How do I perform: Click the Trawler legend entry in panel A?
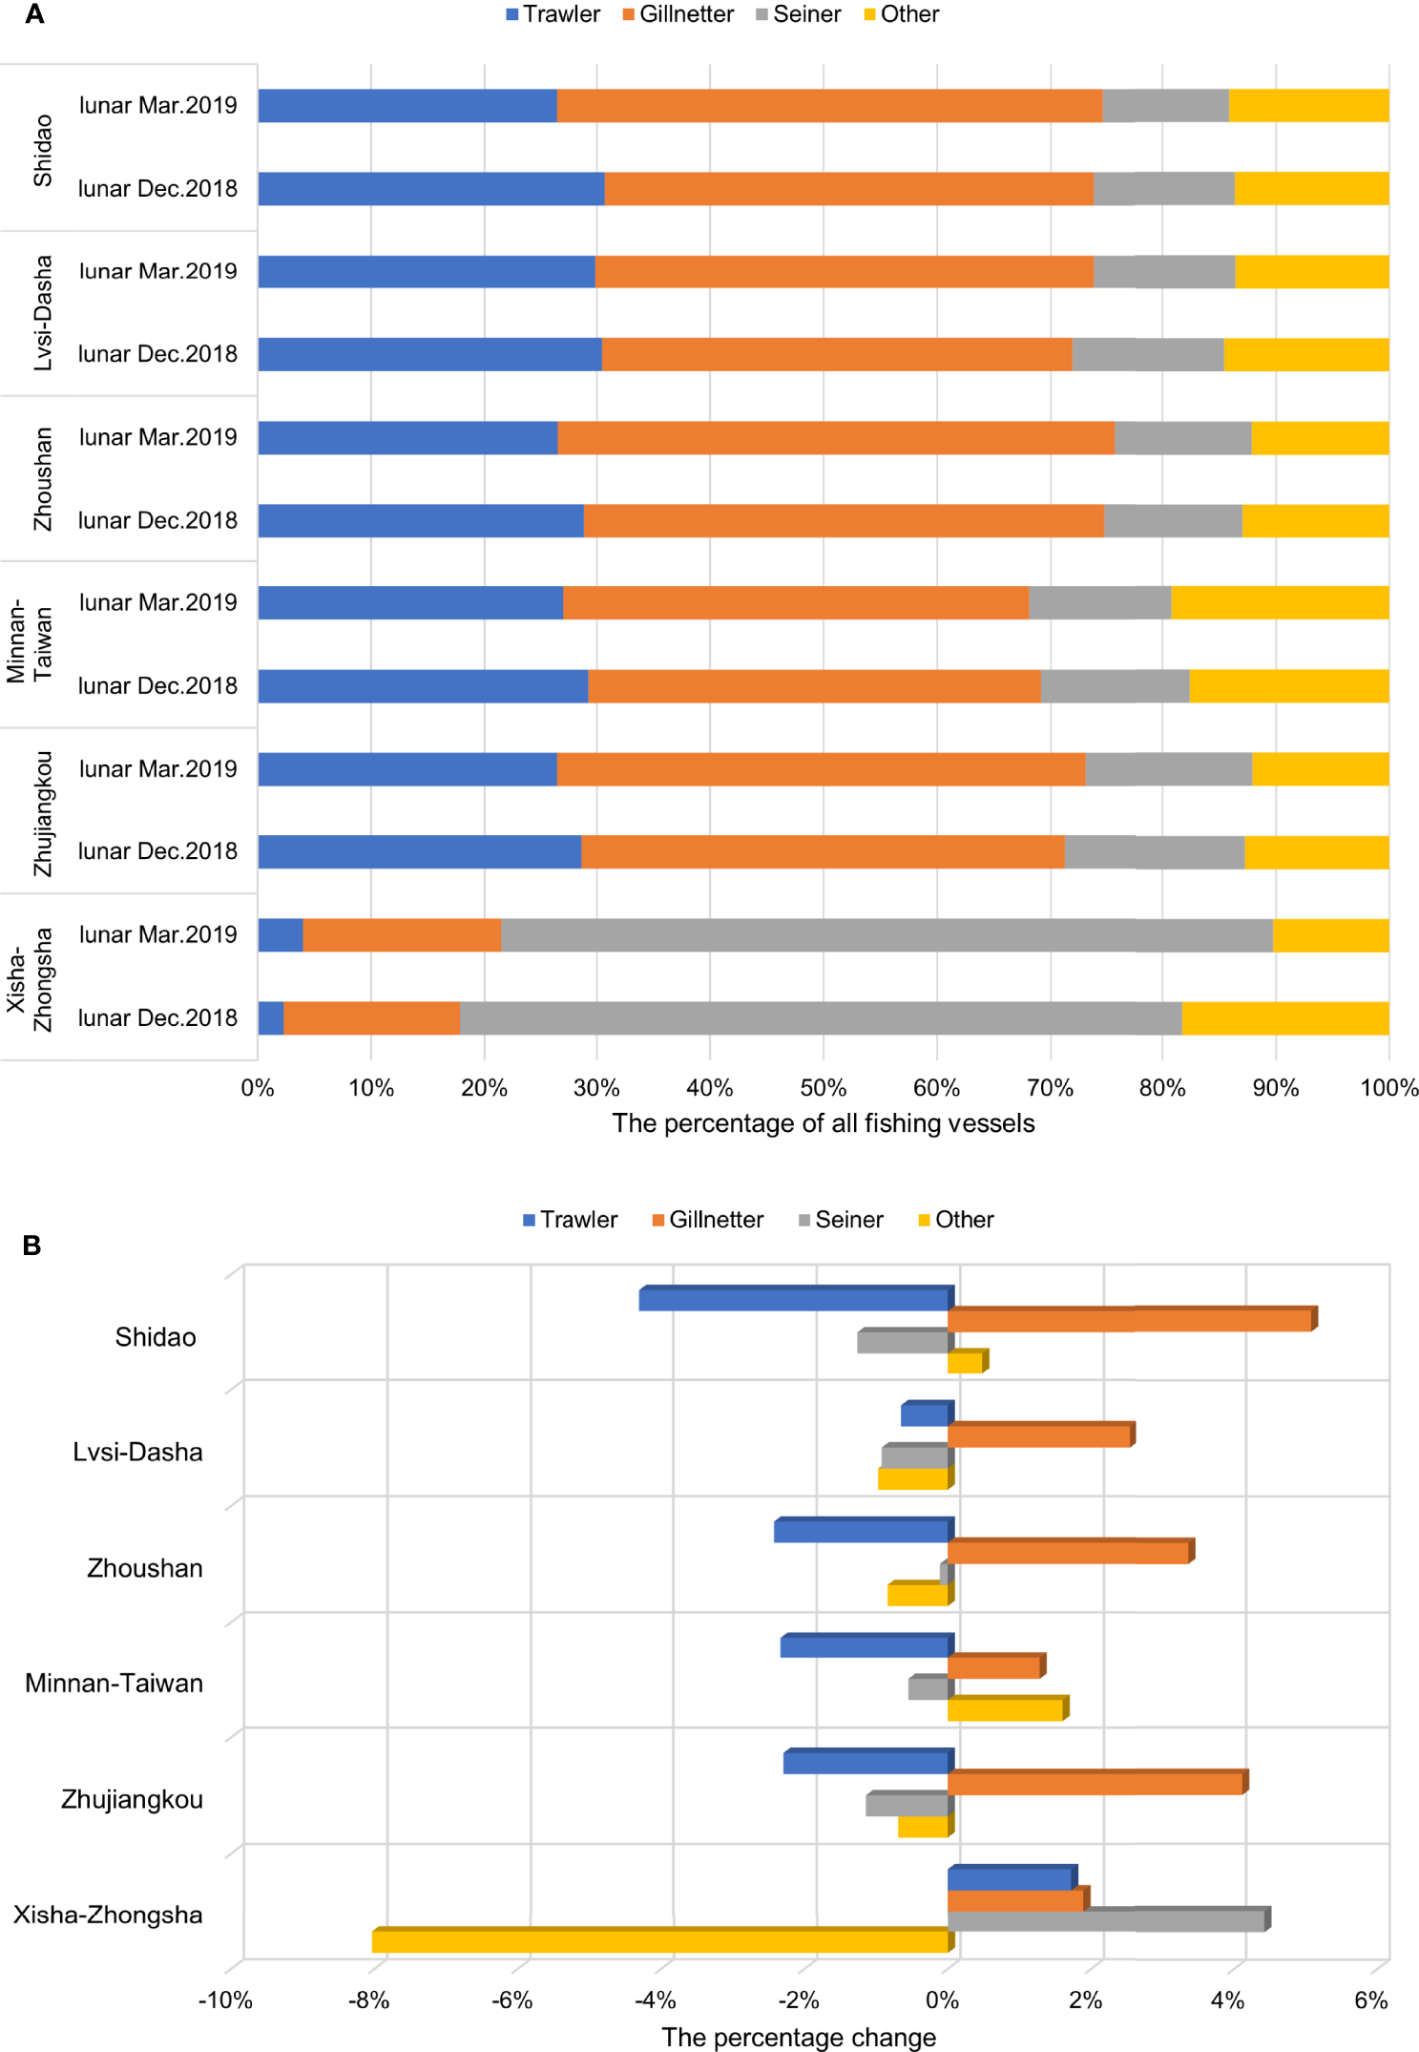pos(553,14)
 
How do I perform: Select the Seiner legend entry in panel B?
pos(841,1220)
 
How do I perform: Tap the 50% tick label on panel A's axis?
pos(823,1088)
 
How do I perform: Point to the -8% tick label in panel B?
pos(368,2000)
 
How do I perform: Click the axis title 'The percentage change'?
pos(799,2037)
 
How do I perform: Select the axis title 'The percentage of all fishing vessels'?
pos(823,1123)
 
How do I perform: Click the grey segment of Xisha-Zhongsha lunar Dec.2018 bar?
pos(821,1018)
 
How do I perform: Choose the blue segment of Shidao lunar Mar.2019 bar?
pos(407,106)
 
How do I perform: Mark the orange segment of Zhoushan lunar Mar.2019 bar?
pos(836,438)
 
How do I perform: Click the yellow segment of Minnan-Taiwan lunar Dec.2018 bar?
pos(1289,686)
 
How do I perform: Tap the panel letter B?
pos(31,1246)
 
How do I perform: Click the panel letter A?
pos(34,14)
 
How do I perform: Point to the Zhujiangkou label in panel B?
pos(132,1799)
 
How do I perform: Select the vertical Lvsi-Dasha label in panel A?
pos(43,313)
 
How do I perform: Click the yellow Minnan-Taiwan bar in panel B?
pos(1006,1709)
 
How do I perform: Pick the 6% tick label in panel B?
pos(1371,2000)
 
